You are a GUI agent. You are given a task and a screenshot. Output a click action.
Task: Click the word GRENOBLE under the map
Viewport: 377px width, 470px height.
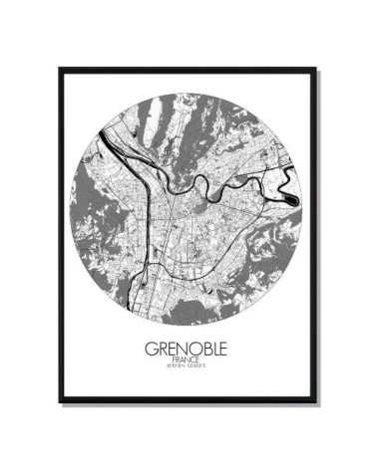pos(188,353)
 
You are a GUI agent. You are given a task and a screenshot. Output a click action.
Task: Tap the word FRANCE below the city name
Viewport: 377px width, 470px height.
pos(188,365)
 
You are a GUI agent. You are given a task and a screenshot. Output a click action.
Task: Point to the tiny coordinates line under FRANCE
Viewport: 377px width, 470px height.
pos(188,373)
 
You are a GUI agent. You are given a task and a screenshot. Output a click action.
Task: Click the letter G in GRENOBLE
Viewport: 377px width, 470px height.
pos(140,353)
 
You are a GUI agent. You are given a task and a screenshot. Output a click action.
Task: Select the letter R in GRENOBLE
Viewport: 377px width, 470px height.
pos(155,353)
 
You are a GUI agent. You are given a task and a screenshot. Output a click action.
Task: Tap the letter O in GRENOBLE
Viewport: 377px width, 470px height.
pos(196,353)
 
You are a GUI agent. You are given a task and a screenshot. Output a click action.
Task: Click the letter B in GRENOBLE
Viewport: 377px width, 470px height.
pos(211,353)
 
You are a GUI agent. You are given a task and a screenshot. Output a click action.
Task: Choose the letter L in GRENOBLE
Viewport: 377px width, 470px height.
pos(223,353)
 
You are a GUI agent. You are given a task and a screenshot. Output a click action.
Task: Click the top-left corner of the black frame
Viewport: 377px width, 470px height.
pos(60,69)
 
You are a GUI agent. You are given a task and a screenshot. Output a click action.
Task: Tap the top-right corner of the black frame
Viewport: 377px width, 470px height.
pos(318,69)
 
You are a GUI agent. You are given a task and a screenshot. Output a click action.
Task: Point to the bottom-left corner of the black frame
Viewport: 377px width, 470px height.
pos(60,401)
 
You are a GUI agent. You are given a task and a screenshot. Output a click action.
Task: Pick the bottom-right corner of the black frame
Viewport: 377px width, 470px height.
pos(318,401)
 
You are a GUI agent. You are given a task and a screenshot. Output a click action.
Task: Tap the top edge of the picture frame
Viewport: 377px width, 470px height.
pos(188,69)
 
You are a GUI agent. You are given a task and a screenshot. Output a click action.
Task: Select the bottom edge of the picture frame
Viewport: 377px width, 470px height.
pos(188,401)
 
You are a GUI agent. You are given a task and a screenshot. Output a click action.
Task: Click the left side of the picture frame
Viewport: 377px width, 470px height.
pos(60,235)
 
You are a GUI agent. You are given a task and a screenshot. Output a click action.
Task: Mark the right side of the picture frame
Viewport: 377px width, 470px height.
pos(318,235)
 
